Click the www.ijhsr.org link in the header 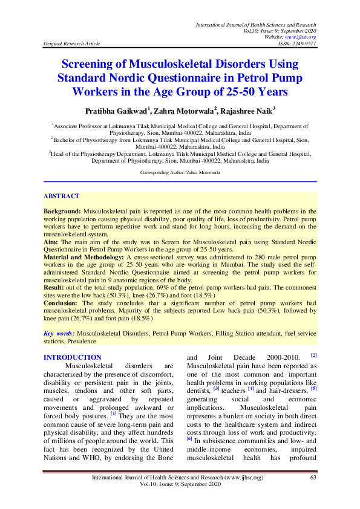coord(304,37)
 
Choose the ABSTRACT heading coord(61,196)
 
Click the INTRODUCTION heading coord(73,357)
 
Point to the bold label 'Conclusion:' coord(62,303)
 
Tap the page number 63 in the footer coord(313,478)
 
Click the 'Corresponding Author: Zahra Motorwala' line coord(180,172)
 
